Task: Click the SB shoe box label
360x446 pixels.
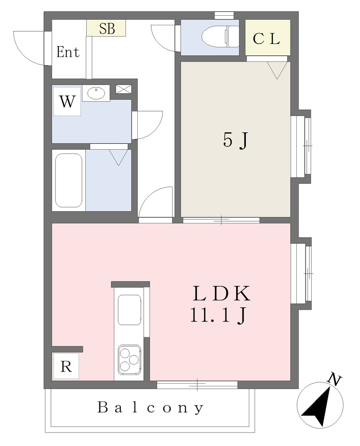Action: pyautogui.click(x=107, y=28)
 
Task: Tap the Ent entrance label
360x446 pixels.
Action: pyautogui.click(x=68, y=52)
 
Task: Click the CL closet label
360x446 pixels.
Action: pyautogui.click(x=266, y=39)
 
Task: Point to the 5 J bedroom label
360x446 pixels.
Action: pyautogui.click(x=236, y=140)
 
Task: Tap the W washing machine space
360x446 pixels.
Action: pyautogui.click(x=67, y=101)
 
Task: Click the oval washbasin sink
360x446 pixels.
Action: pyautogui.click(x=96, y=93)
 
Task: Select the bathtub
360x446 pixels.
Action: pyautogui.click(x=68, y=180)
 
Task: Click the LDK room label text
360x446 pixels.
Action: pyautogui.click(x=222, y=293)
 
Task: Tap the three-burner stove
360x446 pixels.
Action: pyautogui.click(x=129, y=360)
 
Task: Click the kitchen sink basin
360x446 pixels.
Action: pyautogui.click(x=129, y=310)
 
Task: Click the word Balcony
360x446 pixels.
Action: pyautogui.click(x=150, y=407)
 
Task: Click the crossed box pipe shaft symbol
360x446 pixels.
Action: pyautogui.click(x=123, y=89)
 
